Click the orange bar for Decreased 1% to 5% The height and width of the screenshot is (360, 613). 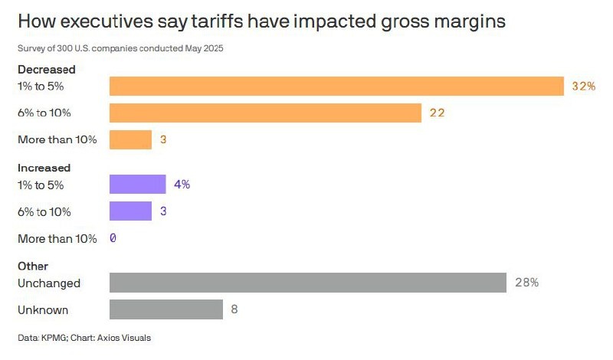point(336,86)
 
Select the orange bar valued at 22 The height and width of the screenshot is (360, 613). point(265,113)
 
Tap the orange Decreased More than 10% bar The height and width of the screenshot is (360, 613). point(130,140)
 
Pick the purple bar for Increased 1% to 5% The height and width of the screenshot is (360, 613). point(137,185)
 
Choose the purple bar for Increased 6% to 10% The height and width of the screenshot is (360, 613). point(130,211)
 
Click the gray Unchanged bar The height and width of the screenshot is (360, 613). point(307,283)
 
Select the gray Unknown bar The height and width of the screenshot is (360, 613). point(166,309)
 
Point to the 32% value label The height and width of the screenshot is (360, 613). point(584,87)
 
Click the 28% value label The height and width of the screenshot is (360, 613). point(526,283)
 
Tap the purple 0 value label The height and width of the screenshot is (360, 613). point(113,238)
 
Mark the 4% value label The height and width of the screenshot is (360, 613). point(182,185)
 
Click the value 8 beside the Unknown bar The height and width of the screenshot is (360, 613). point(234,310)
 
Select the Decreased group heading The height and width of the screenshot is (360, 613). point(47,70)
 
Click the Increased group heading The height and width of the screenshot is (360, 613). point(44,168)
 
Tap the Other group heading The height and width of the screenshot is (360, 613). point(33,266)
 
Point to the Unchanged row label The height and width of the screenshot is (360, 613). point(49,283)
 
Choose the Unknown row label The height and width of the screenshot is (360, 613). point(43,310)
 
